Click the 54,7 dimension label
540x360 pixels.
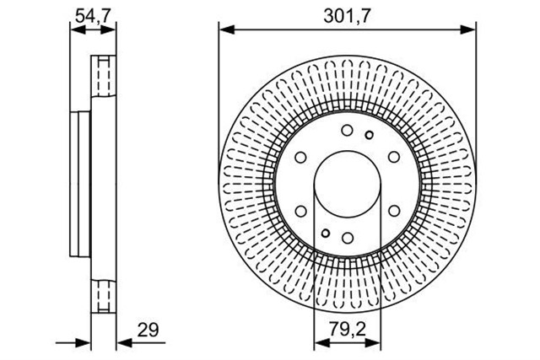[93, 16]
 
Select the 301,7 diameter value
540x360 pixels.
[347, 16]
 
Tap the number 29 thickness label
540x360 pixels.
[148, 330]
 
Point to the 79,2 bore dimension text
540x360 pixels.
[347, 330]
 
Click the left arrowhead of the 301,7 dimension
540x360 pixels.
[227, 30]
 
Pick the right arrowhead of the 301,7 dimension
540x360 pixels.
[468, 30]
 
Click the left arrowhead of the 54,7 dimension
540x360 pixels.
[78, 30]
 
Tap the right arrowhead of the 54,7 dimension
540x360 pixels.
[109, 30]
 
